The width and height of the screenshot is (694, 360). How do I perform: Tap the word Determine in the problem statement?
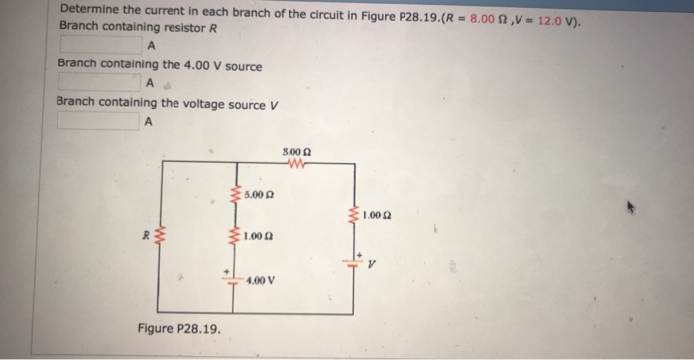[x=92, y=9]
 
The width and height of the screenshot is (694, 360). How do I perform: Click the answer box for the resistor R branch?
[x=100, y=44]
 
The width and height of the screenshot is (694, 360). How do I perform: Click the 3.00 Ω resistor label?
[x=297, y=152]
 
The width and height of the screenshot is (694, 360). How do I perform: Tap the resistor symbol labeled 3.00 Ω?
[x=296, y=165]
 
